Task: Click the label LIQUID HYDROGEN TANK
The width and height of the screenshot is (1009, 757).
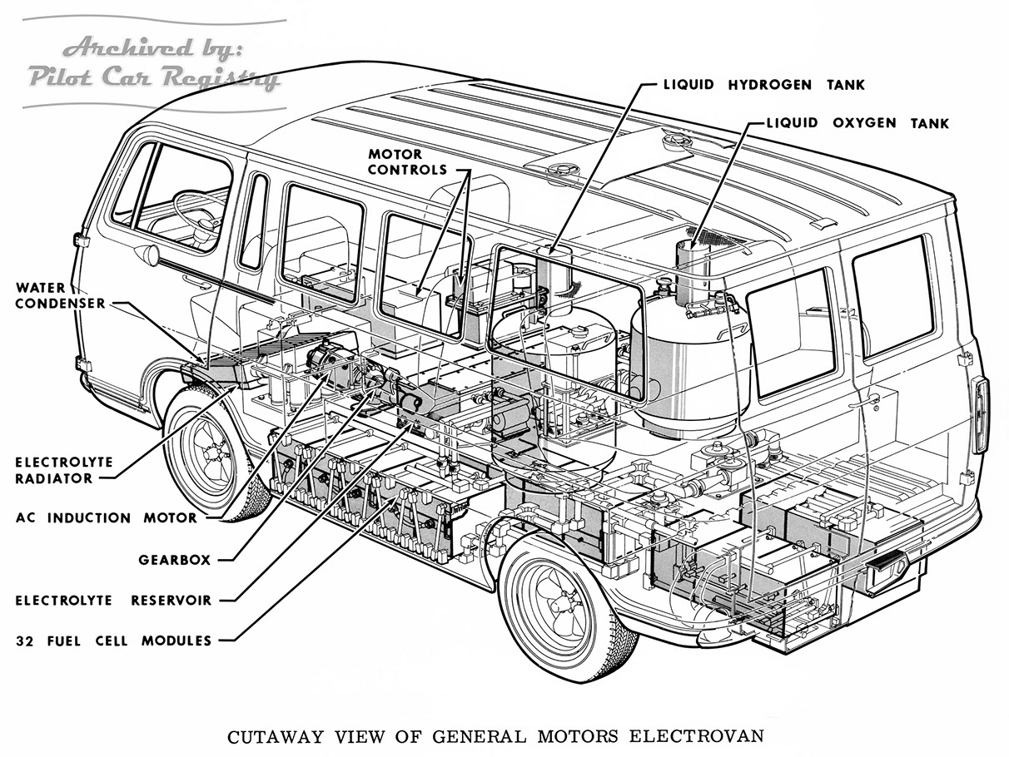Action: [x=763, y=85]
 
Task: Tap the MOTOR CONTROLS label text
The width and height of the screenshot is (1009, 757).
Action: [x=408, y=162]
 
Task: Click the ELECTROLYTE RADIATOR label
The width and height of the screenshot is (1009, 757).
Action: [x=52, y=470]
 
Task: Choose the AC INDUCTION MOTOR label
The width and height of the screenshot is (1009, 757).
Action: [x=107, y=517]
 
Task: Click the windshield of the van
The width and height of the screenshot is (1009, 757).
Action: [x=133, y=187]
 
